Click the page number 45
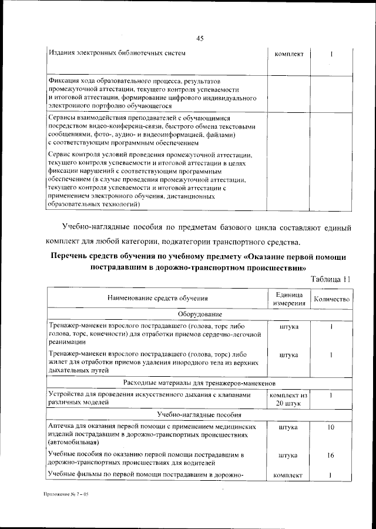click(199, 39)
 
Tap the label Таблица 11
click(331, 279)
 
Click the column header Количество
click(332, 299)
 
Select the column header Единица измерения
click(288, 299)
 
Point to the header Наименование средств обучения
click(157, 299)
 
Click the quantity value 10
click(331, 427)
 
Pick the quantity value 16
click(331, 456)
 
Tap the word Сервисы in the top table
click(63, 118)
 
